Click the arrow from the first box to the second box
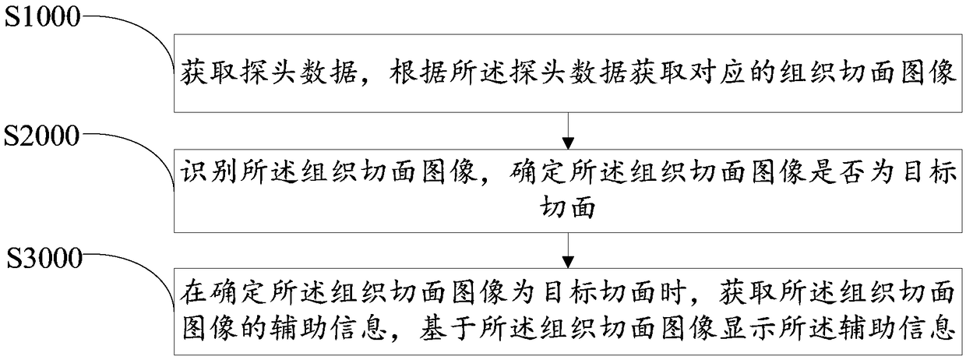pyautogui.click(x=568, y=131)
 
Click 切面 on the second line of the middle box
pyautogui.click(x=568, y=206)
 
